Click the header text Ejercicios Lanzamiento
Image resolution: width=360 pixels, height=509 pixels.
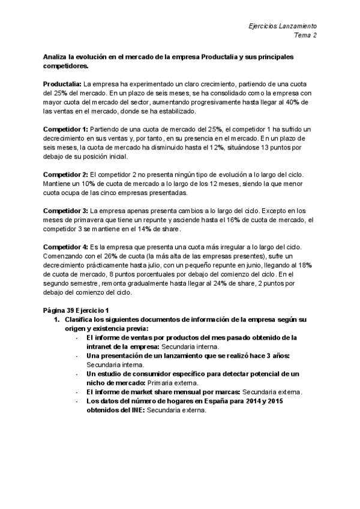pos(282,27)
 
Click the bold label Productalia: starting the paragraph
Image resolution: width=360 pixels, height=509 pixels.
pos(62,85)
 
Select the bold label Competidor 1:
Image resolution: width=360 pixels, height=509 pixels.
pos(65,130)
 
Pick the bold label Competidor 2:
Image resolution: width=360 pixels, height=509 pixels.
pos(65,175)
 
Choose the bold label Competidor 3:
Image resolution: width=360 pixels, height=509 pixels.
pos(65,211)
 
